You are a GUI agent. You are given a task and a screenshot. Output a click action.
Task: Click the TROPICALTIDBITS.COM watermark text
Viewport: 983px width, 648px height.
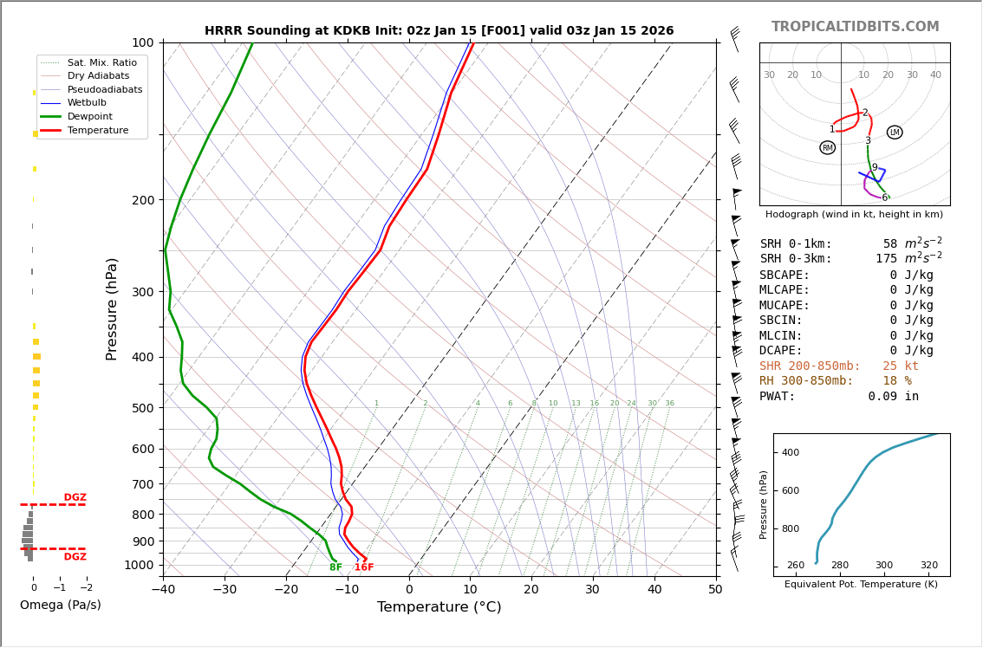[855, 27]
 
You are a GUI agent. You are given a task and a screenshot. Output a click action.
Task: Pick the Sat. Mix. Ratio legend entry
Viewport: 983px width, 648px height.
[101, 63]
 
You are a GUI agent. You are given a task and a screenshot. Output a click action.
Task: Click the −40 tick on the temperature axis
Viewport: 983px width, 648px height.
[163, 590]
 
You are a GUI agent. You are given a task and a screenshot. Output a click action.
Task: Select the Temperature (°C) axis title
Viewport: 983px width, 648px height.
[439, 607]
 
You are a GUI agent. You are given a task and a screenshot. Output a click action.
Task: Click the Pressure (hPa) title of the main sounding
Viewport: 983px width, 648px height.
[112, 308]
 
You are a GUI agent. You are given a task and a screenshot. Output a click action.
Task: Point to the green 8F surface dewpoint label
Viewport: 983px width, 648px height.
[335, 567]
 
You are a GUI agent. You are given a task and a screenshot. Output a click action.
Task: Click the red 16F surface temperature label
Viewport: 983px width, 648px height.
[364, 567]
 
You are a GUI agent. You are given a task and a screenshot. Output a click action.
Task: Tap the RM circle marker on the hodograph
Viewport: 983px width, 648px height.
[827, 148]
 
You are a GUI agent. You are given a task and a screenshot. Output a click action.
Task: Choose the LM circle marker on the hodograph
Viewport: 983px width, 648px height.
[895, 133]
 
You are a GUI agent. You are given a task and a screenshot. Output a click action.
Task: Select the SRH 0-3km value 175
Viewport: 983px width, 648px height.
[886, 259]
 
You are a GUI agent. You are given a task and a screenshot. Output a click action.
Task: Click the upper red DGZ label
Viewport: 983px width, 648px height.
[75, 498]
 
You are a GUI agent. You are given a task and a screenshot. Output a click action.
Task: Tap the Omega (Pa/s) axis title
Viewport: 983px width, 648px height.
[60, 605]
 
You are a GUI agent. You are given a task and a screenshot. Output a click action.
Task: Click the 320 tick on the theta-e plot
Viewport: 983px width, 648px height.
[928, 566]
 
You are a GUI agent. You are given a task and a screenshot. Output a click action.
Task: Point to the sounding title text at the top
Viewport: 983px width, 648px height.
[439, 31]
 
